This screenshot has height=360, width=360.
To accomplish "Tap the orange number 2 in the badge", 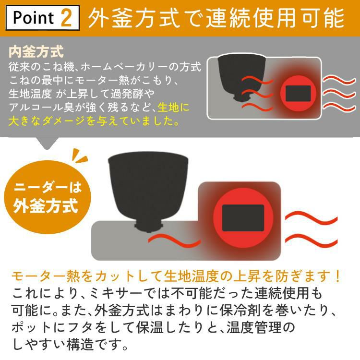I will click(x=67, y=18).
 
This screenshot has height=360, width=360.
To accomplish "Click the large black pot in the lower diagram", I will click(x=146, y=190).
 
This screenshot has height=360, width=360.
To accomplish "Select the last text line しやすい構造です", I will click(x=71, y=344).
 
